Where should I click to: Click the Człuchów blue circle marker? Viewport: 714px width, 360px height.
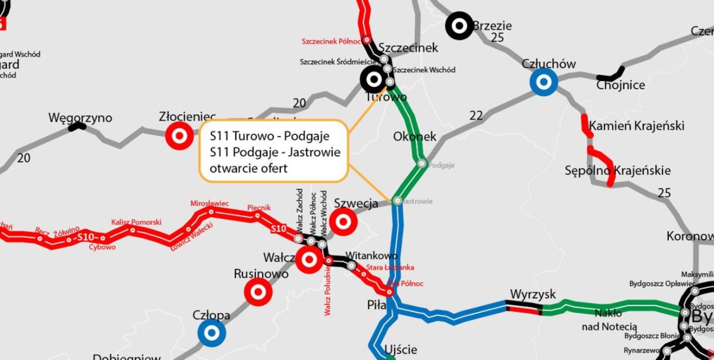pyautogui.click(x=543, y=82)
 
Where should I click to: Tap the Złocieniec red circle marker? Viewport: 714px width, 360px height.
pyautogui.click(x=179, y=136)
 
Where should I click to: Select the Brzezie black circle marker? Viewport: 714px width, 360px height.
pyautogui.click(x=459, y=26)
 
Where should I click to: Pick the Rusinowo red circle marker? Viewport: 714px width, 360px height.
pyautogui.click(x=258, y=292)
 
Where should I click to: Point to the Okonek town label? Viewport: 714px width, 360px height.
pyautogui.click(x=415, y=137)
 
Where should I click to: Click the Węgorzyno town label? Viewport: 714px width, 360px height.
pyautogui.click(x=80, y=118)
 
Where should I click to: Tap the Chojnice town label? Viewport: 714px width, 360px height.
pyautogui.click(x=620, y=86)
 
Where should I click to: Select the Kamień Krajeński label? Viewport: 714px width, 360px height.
pyautogui.click(x=636, y=126)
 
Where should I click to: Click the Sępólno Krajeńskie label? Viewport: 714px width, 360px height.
pyautogui.click(x=617, y=170)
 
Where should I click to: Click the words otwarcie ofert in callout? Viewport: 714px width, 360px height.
pyautogui.click(x=248, y=169)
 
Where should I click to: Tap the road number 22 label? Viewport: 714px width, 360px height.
pyautogui.click(x=476, y=116)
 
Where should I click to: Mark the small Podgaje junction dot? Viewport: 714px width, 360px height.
pyautogui.click(x=422, y=164)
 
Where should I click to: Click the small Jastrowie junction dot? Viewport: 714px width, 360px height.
pyautogui.click(x=397, y=201)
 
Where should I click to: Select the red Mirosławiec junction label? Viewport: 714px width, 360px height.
pyautogui.click(x=210, y=203)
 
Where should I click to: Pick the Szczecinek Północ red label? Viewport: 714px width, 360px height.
pyautogui.click(x=331, y=41)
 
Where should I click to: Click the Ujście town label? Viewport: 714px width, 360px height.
pyautogui.click(x=400, y=350)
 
